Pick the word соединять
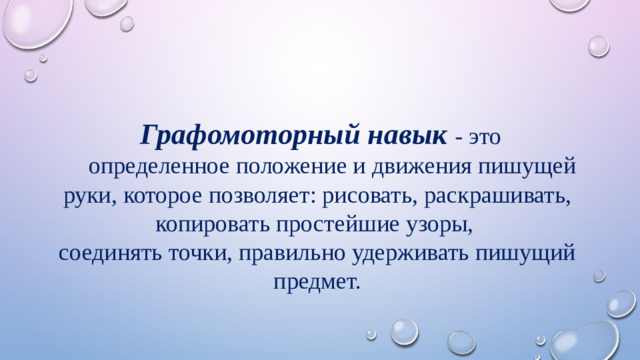coord(104,253)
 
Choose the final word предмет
coord(315,282)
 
